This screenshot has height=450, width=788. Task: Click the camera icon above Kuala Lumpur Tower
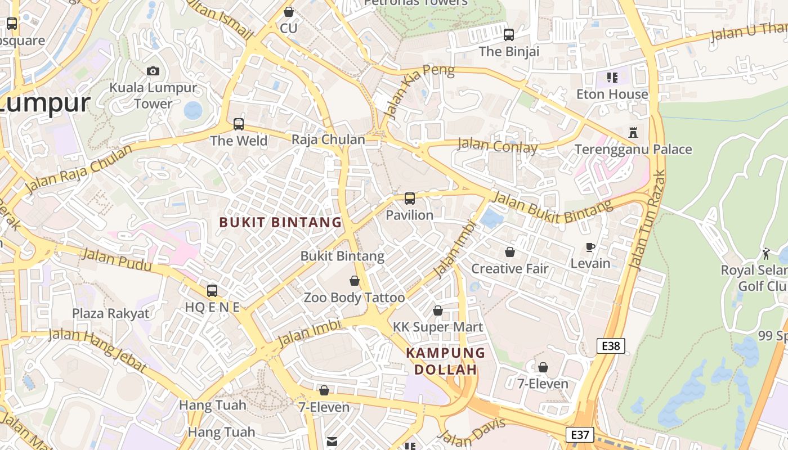coord(153,71)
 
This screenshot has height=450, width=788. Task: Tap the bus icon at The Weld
coord(239,124)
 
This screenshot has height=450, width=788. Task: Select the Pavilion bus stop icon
coord(410,198)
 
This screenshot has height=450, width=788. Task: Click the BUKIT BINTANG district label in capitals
coord(280,222)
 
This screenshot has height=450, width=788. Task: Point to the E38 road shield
coord(610,346)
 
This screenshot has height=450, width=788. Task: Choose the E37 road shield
coord(579,435)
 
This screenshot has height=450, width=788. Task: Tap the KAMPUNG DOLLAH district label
coord(446,361)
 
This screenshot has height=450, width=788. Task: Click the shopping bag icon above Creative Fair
coord(510,252)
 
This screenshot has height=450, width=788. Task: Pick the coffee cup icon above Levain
coord(590,247)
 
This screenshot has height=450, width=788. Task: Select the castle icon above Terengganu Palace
coord(633,133)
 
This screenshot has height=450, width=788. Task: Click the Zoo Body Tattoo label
coord(354,298)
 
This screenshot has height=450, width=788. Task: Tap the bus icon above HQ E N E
coord(212,290)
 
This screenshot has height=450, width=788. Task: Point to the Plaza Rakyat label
coord(110,313)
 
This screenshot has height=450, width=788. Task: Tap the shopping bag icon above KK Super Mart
coord(438,310)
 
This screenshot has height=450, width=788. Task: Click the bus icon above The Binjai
coord(509,35)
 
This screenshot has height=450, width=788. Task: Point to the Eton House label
coord(612,94)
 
